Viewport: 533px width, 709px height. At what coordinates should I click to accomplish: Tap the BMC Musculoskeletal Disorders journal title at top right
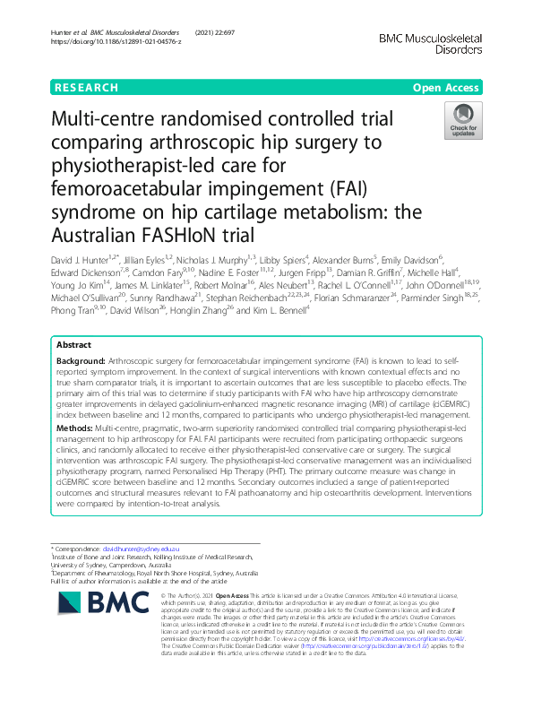(x=431, y=43)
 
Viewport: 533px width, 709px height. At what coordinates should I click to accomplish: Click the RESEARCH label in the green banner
(x=86, y=88)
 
